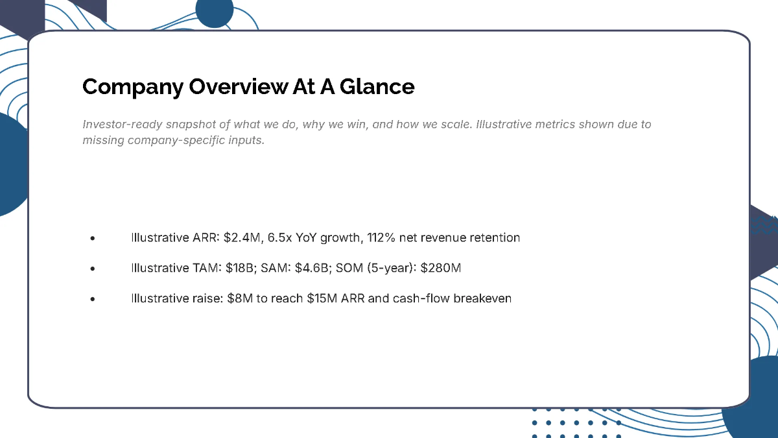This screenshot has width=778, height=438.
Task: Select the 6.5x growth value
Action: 279,237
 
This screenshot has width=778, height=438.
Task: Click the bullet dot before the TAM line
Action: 93,269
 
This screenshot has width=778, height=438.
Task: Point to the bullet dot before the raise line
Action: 93,300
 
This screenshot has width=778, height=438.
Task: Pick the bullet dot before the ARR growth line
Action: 93,238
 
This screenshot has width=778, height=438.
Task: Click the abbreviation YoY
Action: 309,237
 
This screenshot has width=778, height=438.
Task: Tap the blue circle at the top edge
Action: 214,11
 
